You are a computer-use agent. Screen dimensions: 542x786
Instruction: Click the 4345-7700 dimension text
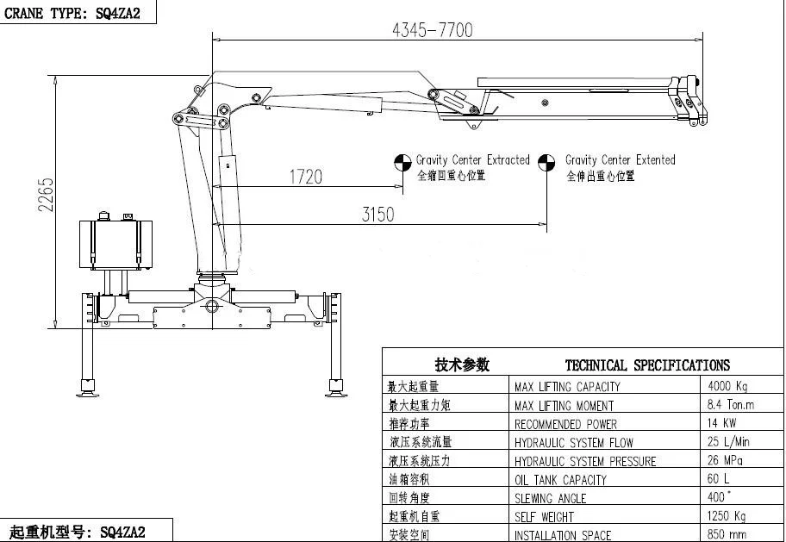432,30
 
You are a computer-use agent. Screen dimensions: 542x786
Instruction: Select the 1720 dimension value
305,177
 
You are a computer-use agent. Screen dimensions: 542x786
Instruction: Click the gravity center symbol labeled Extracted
402,163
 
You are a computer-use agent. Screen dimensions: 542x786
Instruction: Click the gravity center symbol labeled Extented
546,163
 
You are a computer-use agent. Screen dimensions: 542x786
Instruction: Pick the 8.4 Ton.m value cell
730,405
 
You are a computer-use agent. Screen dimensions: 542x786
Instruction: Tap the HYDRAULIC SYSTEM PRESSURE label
585,461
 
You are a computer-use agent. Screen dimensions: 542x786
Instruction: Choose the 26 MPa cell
725,461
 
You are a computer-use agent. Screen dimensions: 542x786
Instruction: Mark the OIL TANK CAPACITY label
560,480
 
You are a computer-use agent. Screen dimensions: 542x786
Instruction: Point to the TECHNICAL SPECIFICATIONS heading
646,365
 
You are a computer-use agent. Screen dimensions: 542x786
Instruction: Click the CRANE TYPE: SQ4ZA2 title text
72,12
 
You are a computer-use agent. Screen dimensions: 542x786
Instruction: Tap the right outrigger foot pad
336,392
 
